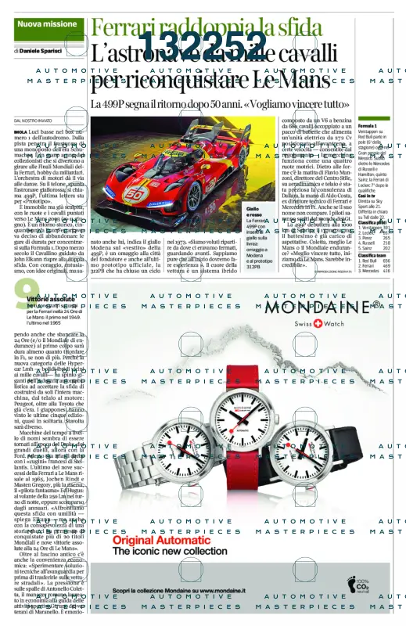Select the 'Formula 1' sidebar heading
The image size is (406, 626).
[368, 125]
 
